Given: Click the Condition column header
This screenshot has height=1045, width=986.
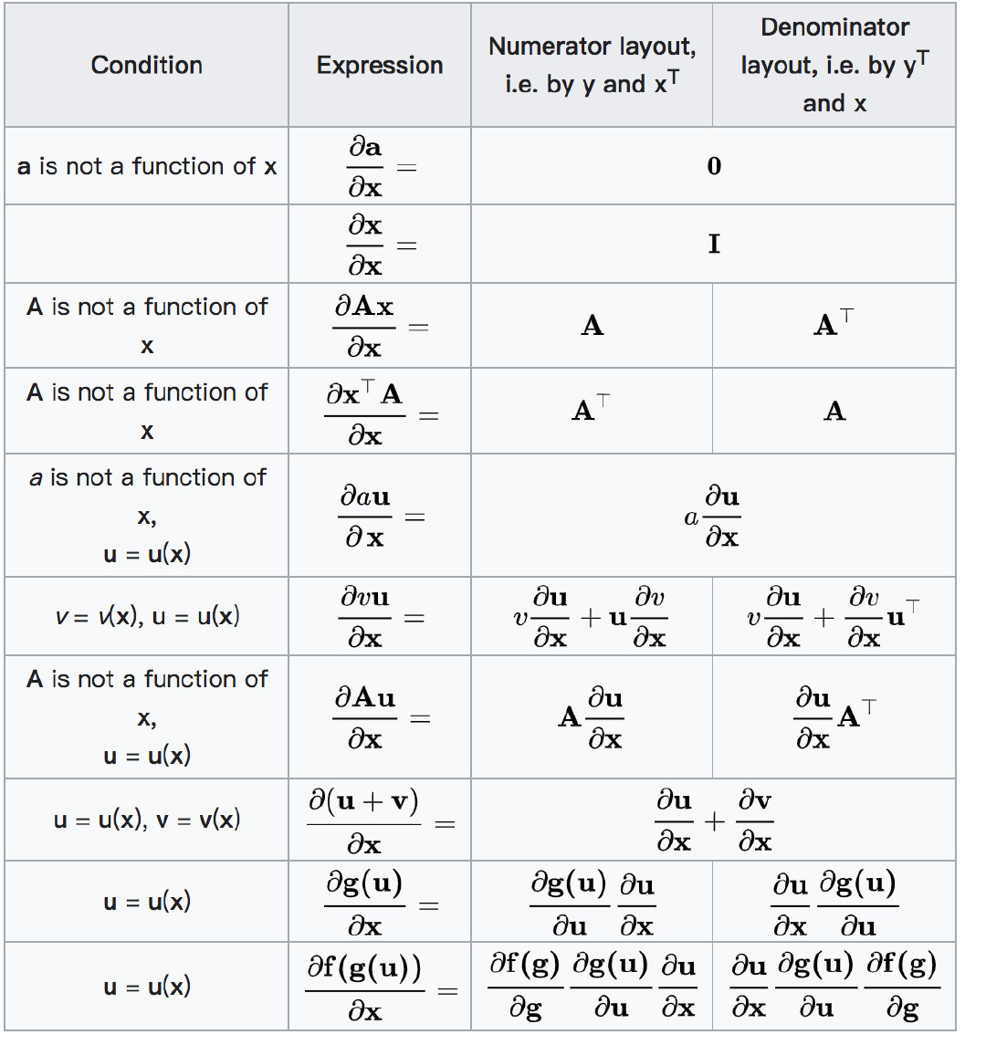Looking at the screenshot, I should point(146,66).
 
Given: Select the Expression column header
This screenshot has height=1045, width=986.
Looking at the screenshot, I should point(380,66).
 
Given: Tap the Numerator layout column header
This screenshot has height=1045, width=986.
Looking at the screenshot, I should point(592,65).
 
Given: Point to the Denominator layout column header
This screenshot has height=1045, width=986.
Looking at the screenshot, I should point(834,65).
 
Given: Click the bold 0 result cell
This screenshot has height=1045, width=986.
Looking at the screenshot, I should point(714,166).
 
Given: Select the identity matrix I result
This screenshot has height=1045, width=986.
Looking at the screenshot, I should point(714,245).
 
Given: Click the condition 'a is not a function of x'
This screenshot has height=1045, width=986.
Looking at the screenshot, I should point(146,167).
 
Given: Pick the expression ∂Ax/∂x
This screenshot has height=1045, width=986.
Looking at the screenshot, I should point(365,327).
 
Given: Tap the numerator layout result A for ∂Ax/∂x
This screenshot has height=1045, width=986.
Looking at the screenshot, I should point(592,327).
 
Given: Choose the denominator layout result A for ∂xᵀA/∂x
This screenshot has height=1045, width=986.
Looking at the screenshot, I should point(834,413).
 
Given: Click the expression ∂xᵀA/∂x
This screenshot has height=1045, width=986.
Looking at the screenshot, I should point(365,413).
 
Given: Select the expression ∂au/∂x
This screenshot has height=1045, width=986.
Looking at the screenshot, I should point(365,517).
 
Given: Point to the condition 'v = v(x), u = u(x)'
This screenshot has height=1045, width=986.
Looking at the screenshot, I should point(146,617).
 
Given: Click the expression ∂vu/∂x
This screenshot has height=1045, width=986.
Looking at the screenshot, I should point(365,617).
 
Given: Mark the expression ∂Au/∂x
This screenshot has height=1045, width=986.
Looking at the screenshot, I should point(365,718).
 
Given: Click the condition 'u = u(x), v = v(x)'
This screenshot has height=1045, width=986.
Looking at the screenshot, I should point(146,820).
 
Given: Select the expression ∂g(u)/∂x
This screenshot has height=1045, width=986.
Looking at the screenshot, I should point(365,904).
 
